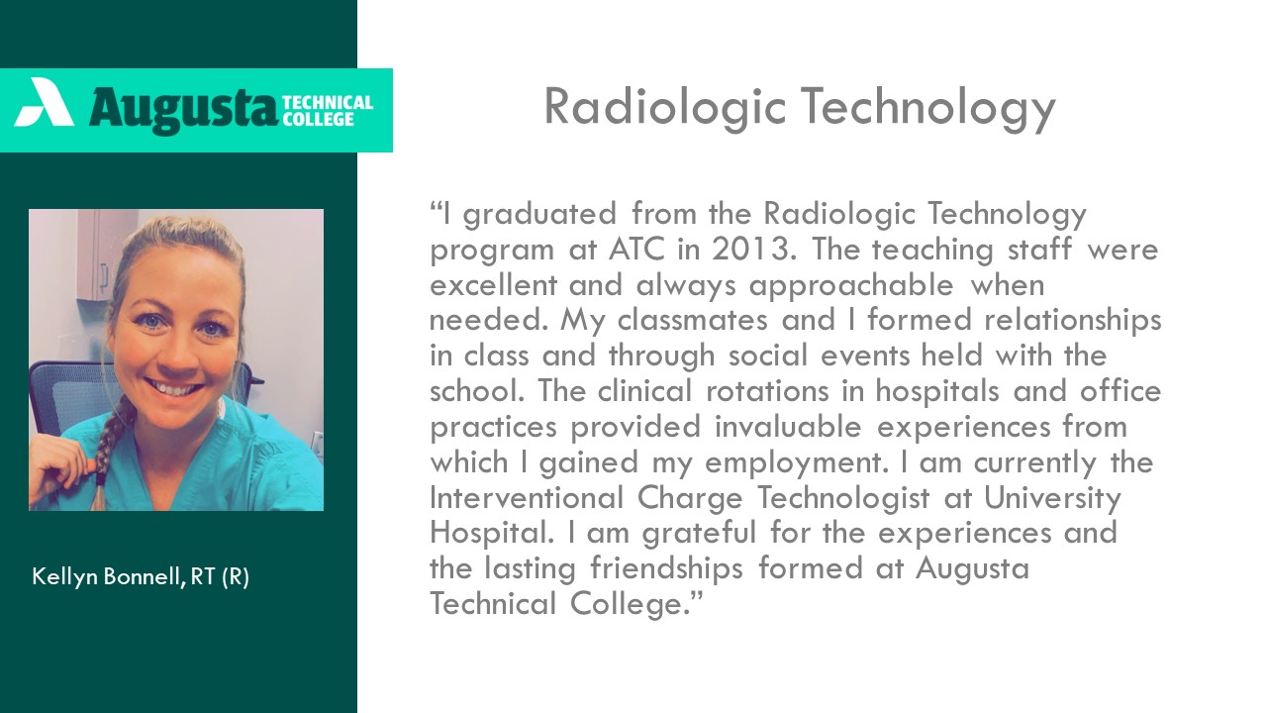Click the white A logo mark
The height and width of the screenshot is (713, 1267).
tap(45, 102)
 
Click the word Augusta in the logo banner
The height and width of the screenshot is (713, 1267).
tap(182, 110)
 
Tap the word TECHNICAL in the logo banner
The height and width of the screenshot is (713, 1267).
tap(328, 102)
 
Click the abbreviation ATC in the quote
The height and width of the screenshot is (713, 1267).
tap(636, 249)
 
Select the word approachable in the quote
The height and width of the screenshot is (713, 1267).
tap(851, 285)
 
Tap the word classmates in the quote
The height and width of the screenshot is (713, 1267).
tap(692, 320)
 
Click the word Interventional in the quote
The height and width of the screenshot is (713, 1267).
tap(527, 498)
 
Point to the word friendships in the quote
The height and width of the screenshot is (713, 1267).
tap(667, 569)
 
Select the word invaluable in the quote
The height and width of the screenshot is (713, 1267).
tap(788, 427)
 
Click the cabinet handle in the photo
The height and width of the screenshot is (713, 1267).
tap(104, 278)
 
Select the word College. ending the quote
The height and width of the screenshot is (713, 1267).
tap(635, 605)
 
